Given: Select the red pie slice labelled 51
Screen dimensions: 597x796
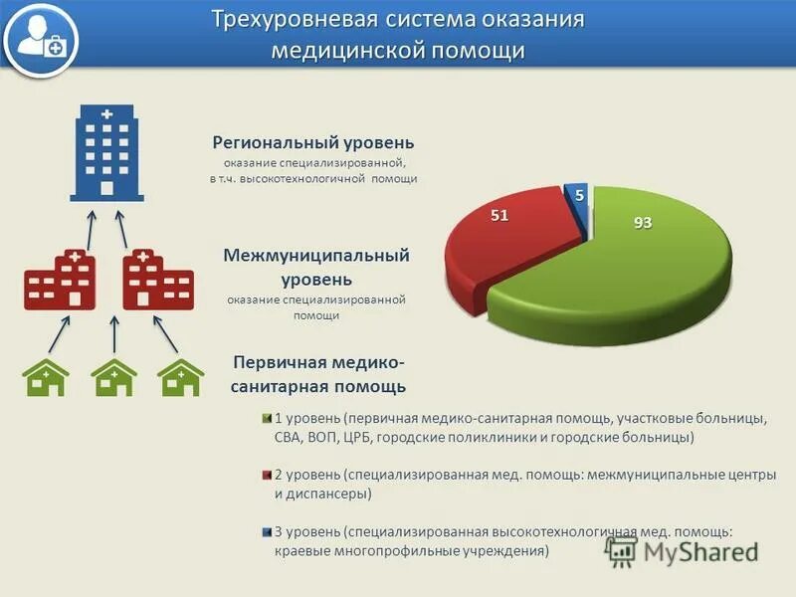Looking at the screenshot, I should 502,239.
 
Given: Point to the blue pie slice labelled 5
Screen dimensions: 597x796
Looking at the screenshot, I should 576,198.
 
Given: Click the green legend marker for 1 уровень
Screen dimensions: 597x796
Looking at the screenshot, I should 266,419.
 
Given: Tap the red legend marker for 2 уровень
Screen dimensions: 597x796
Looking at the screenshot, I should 266,476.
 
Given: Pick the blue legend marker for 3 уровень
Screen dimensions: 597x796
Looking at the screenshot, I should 266,532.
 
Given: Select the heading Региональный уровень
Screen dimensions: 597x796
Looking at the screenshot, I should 312,143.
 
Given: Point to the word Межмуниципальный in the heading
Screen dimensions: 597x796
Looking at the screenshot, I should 316,256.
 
